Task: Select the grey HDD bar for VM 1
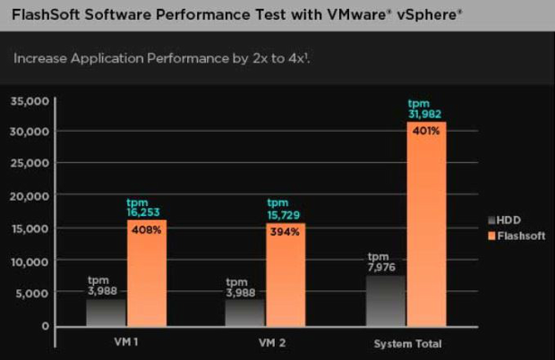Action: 106,312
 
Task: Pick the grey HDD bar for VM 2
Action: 244,312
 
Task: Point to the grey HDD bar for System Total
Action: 386,300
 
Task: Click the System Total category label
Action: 407,344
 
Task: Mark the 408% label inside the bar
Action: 147,230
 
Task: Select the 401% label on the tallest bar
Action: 426,131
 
